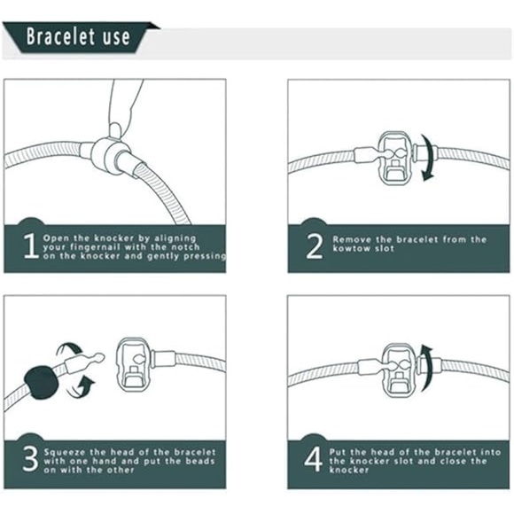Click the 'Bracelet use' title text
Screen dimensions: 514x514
point(78,36)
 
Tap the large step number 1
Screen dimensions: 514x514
point(31,245)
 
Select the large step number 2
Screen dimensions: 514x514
point(314,246)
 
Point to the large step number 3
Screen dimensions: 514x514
point(30,459)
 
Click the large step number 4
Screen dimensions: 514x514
point(313,460)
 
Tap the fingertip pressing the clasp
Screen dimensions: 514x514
point(115,129)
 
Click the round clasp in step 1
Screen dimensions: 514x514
point(107,155)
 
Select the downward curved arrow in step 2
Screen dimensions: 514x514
point(428,158)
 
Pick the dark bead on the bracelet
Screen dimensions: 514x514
point(42,382)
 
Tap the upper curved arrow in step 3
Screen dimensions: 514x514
point(68,349)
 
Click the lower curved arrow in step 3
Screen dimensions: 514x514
point(81,387)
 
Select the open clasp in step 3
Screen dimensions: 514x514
point(134,365)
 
